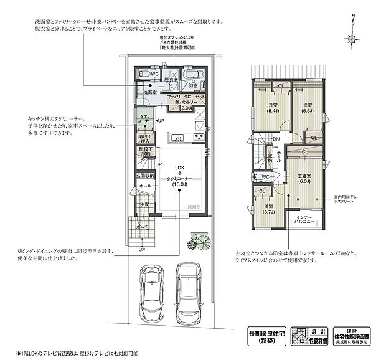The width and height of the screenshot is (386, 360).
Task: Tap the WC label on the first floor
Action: (x=154, y=73)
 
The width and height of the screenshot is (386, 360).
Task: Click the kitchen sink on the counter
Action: (x=176, y=138)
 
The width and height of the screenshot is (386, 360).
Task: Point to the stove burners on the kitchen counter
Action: (x=199, y=138)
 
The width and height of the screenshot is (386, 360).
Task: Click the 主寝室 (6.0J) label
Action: (x=304, y=178)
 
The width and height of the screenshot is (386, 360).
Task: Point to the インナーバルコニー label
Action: (x=304, y=218)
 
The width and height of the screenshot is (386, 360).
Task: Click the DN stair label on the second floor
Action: (x=275, y=140)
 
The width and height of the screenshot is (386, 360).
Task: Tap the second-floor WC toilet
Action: (x=258, y=177)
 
